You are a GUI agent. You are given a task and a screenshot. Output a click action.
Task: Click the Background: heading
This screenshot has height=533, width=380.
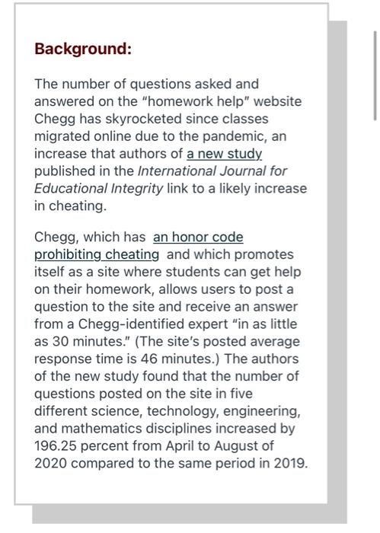tap(83, 49)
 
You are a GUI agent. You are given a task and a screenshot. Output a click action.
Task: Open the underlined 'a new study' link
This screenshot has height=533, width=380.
tap(224, 154)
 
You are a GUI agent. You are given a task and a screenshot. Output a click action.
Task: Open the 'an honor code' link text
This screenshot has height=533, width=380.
tap(198, 237)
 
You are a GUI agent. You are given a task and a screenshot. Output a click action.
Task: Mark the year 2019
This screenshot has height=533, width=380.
tap(289, 463)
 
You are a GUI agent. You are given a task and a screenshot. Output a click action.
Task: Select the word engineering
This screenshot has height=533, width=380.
tap(263, 410)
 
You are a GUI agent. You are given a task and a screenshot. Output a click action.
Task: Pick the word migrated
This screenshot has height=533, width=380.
tap(64, 136)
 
